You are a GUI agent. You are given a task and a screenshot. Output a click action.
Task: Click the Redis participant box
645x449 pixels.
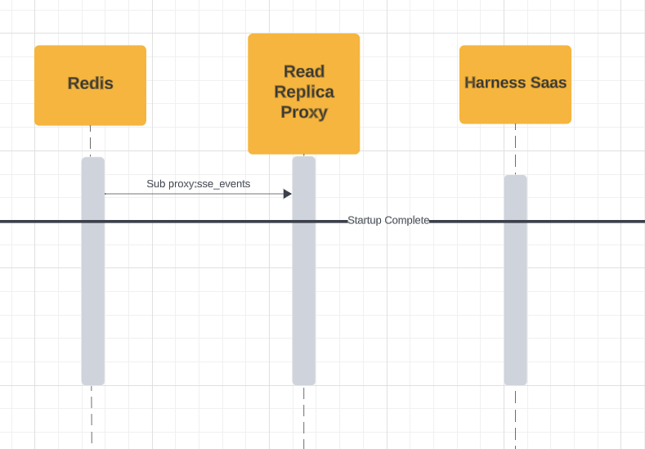(90, 85)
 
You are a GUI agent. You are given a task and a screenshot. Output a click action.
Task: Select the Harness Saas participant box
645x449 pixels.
(515, 84)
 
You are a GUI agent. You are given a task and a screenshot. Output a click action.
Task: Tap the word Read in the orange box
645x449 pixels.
(304, 72)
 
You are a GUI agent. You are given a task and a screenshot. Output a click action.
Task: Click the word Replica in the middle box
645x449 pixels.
(304, 92)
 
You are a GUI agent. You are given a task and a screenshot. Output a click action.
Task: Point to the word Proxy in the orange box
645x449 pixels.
(304, 112)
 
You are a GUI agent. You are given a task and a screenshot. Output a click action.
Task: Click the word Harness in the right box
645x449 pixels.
(492, 83)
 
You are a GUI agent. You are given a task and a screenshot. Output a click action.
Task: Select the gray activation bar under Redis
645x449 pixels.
(93, 271)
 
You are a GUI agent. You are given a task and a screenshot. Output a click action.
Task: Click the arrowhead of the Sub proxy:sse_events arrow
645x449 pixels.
(288, 194)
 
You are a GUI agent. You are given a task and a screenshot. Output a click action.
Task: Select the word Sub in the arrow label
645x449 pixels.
(155, 184)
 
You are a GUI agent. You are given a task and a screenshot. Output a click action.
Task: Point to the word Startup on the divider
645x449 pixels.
(365, 221)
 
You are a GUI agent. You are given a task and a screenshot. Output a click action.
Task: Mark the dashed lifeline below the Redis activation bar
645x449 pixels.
(92, 415)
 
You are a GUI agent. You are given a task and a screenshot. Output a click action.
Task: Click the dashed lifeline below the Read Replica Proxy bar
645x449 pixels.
(304, 416)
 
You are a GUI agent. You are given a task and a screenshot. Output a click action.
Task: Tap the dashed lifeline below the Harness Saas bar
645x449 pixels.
(515, 416)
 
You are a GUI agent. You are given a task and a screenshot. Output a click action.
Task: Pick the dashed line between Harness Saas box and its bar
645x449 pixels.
(515, 149)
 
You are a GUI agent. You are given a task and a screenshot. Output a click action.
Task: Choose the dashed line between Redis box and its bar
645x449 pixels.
(91, 141)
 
